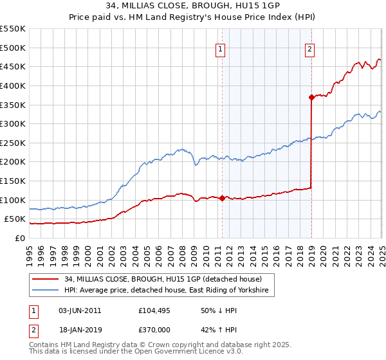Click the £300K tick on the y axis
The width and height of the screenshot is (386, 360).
pyautogui.click(x=12, y=123)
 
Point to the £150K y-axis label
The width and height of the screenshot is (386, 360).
pyautogui.click(x=12, y=181)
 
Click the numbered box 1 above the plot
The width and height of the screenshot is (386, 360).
pyautogui.click(x=221, y=49)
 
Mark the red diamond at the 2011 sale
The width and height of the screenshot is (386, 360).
pyautogui.click(x=222, y=198)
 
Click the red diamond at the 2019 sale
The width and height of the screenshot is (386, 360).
pyautogui.click(x=311, y=97)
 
